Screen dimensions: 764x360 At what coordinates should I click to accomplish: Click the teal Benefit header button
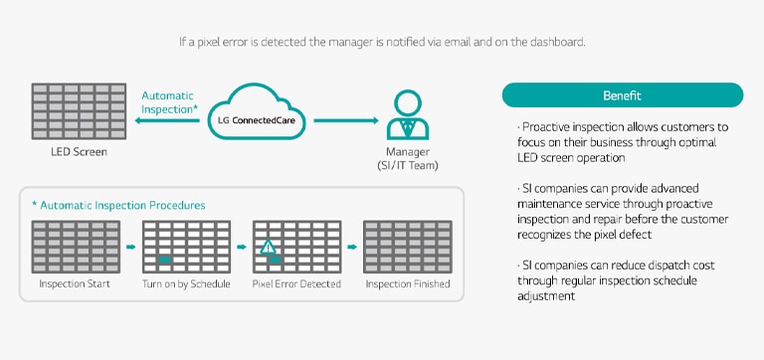pyautogui.click(x=622, y=95)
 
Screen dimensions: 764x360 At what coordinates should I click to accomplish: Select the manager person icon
pyautogui.click(x=407, y=115)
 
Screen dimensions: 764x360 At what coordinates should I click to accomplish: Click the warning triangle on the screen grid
pyautogui.click(x=268, y=247)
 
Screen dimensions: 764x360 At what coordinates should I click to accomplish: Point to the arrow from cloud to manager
pyautogui.click(x=346, y=120)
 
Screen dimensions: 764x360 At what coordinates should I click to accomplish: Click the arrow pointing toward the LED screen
pyautogui.click(x=167, y=120)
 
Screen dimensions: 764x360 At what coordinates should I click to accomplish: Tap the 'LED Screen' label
pyautogui.click(x=79, y=152)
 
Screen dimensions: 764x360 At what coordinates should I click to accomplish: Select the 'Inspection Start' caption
pyautogui.click(x=75, y=283)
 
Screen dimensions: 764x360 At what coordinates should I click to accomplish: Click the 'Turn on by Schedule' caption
pyautogui.click(x=186, y=283)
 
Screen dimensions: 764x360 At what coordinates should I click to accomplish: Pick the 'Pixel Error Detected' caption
pyautogui.click(x=296, y=283)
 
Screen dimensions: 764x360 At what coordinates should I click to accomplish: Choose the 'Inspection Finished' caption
pyautogui.click(x=408, y=283)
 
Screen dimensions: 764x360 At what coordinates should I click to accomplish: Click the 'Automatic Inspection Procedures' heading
pyautogui.click(x=118, y=205)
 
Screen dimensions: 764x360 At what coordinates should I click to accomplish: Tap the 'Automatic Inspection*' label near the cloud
pyautogui.click(x=169, y=102)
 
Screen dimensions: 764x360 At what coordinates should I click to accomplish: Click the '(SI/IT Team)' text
pyautogui.click(x=408, y=166)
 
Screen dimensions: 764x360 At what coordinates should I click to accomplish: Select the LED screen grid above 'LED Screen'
pyautogui.click(x=79, y=111)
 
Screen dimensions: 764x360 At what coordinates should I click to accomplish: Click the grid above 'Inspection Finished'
pyautogui.click(x=408, y=247)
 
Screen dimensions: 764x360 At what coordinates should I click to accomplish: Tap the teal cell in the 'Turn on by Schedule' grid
pyautogui.click(x=165, y=260)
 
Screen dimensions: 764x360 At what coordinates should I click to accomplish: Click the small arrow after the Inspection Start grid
pyautogui.click(x=130, y=247)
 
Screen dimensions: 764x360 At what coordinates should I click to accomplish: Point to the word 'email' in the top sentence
pyautogui.click(x=443, y=42)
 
